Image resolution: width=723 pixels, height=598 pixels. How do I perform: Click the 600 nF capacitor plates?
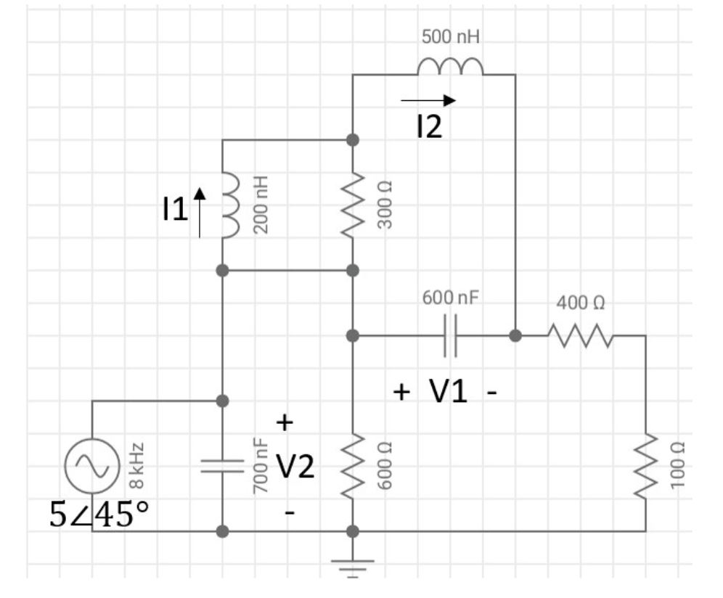pos(450,336)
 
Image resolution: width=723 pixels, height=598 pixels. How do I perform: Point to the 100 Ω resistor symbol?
pos(645,466)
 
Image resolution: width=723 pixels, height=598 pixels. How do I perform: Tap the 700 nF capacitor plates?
pos(223,466)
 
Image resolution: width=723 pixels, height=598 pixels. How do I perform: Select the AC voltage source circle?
pos(92,466)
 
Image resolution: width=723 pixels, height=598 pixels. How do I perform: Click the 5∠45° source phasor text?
pos(99,515)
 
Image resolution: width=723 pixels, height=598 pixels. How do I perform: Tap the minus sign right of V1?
pos(492,393)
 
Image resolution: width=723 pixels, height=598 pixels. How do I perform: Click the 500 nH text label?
pos(450,37)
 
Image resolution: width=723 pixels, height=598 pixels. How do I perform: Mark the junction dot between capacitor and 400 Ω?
pos(515,336)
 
